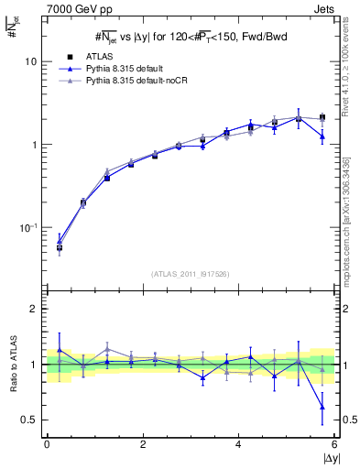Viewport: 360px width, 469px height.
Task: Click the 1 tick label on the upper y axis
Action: click(x=34, y=145)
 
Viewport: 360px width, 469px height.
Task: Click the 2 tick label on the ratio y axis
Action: click(x=34, y=310)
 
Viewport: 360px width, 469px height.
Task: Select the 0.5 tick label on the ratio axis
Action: click(x=29, y=420)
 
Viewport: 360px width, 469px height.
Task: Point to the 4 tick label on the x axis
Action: click(x=239, y=444)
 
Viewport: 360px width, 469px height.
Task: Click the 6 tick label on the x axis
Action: click(x=335, y=444)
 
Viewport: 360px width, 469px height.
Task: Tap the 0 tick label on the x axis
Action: click(x=47, y=444)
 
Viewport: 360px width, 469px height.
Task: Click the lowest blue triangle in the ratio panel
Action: click(x=322, y=408)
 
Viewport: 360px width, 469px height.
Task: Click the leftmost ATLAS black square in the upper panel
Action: click(x=60, y=247)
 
